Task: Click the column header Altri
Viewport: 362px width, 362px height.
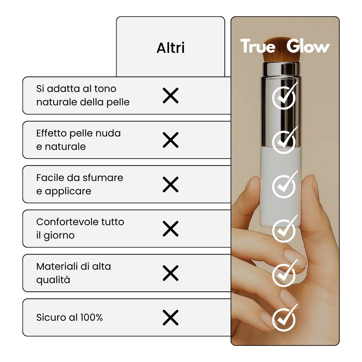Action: (171, 48)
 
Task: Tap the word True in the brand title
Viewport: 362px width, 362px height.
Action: (258, 46)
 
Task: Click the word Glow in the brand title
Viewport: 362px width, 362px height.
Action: (308, 46)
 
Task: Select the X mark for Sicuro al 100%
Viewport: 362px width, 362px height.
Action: (171, 317)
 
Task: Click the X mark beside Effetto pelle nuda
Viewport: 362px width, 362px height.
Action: (171, 140)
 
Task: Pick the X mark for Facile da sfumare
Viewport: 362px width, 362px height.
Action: (171, 185)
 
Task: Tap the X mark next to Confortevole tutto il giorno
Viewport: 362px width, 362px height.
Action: (171, 229)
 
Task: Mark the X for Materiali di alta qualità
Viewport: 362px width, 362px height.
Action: (171, 273)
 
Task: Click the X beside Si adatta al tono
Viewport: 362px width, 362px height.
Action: (171, 95)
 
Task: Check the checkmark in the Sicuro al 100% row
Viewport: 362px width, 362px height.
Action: (284, 318)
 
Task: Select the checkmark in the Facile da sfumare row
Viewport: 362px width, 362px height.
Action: (284, 185)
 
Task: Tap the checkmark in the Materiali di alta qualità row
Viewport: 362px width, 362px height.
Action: (284, 274)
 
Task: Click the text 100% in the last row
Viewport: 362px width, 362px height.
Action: (92, 317)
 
